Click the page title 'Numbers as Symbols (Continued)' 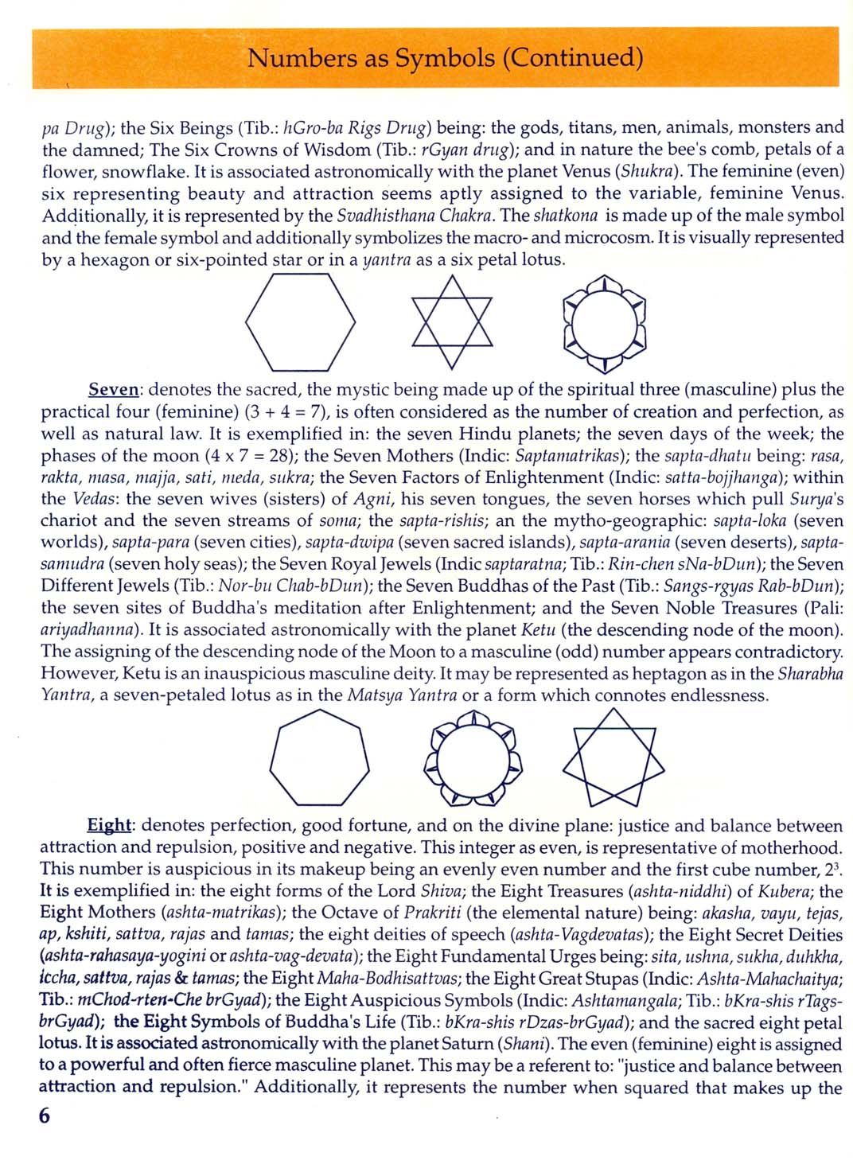tap(444, 58)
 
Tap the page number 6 tap(44, 1116)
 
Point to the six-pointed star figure tap(451, 322)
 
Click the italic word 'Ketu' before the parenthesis tap(538, 630)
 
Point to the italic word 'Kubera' tap(788, 891)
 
